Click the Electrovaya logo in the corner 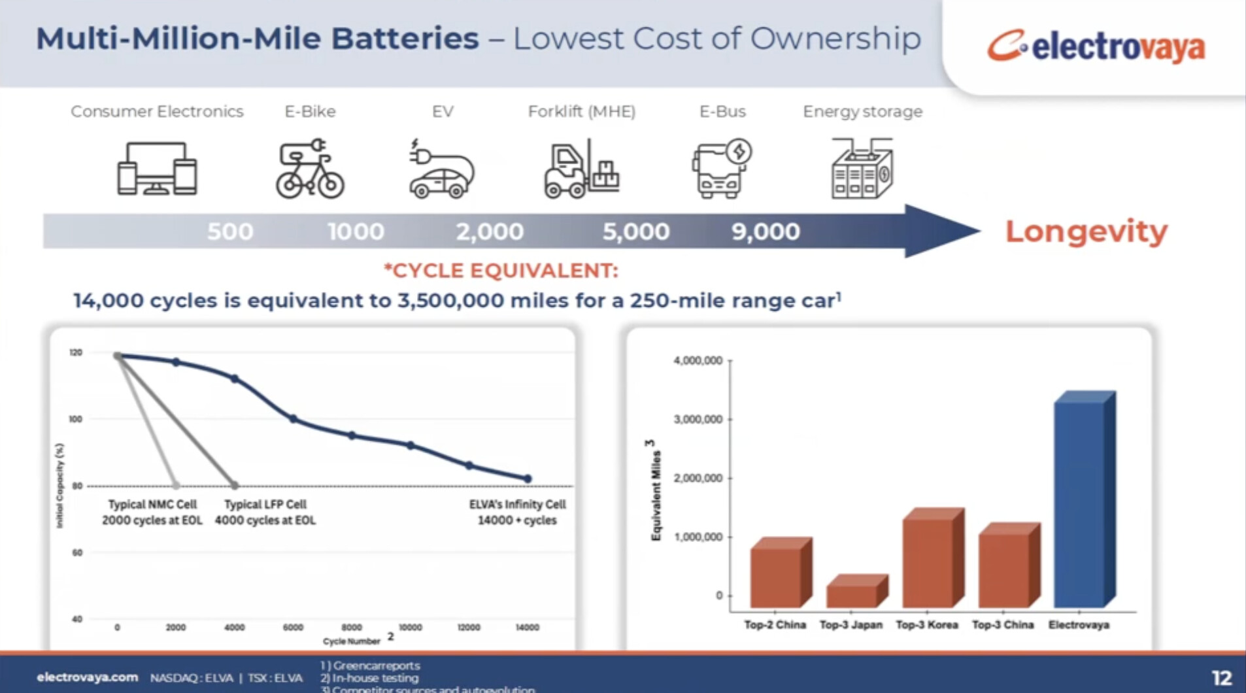[x=1096, y=46]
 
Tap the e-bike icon [x=310, y=169]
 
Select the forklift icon [x=581, y=169]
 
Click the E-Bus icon [x=721, y=169]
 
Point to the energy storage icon [x=862, y=169]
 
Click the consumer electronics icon [x=157, y=169]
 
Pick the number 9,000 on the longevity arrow [x=766, y=231]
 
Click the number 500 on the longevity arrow [x=230, y=231]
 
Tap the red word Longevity [x=1086, y=231]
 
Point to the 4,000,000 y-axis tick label [x=698, y=360]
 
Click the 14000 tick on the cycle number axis [x=527, y=627]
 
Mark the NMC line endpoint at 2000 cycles [x=176, y=485]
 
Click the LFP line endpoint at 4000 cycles [x=235, y=485]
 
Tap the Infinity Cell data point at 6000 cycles [x=293, y=418]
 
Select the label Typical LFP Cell [x=265, y=504]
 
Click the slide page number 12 [x=1221, y=677]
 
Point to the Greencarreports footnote [x=371, y=666]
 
